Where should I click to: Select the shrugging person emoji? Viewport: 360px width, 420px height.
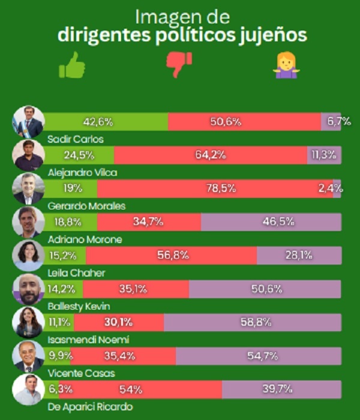286,65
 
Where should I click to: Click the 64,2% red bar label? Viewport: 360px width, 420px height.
210,155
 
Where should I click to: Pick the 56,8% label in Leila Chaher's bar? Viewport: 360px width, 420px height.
173,256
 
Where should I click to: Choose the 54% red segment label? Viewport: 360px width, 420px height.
130,389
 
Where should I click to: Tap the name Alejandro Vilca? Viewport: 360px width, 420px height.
82,173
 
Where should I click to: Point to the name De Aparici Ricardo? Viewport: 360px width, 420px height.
90,407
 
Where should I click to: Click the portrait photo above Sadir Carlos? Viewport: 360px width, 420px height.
29,122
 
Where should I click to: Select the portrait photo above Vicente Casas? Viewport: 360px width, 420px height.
28,356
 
